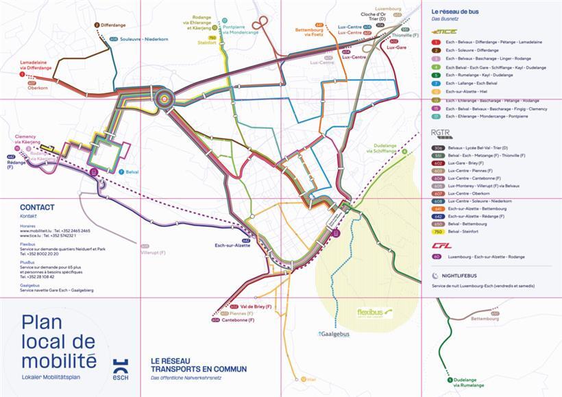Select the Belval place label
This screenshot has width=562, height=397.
click(134, 172)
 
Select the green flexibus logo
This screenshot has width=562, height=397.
click(374, 313)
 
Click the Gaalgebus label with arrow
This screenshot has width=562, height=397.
click(334, 334)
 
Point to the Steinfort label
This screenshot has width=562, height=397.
click(207, 43)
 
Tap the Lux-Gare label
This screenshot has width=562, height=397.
click(399, 49)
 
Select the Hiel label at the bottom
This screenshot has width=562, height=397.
click(312, 378)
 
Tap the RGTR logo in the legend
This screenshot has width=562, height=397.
click(439, 134)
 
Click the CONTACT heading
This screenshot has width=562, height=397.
click(37, 206)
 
